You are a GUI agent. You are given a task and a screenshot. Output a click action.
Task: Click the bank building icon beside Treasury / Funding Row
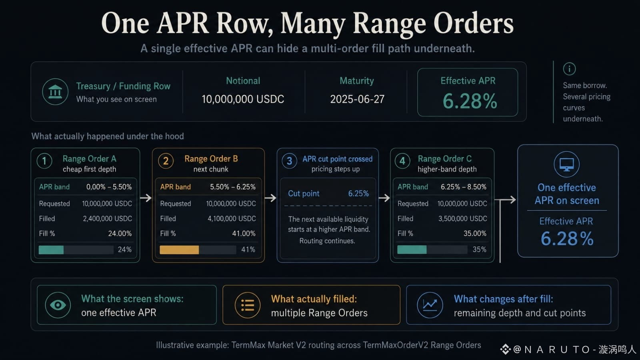55,92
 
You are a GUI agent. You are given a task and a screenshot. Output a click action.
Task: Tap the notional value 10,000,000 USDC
243,99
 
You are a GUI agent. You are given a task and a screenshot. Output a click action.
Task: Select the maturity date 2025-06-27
357,99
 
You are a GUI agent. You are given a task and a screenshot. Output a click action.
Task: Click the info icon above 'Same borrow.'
569,69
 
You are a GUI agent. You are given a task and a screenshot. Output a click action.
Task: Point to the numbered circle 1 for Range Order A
44,161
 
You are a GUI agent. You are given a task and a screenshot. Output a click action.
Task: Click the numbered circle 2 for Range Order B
166,161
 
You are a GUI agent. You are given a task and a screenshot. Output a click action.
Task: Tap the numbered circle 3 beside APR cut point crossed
289,161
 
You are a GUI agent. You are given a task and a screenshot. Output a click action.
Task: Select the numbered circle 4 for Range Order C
402,161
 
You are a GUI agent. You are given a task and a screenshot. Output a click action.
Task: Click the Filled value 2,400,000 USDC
108,218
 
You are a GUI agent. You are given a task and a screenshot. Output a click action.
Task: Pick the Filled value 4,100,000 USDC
232,218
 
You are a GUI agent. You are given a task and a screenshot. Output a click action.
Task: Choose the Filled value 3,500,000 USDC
462,218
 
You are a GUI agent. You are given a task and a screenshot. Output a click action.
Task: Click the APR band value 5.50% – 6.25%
232,187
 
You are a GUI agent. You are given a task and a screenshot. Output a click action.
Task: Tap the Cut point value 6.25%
358,194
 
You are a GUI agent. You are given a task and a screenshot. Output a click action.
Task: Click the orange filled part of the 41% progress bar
179,250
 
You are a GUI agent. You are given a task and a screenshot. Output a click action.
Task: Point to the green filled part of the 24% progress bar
51,250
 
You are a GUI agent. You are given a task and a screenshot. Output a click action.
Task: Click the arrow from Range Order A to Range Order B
146,198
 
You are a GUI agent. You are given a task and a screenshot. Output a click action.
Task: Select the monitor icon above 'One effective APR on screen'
566,164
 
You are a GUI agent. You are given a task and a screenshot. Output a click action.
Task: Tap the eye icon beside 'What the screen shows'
58,305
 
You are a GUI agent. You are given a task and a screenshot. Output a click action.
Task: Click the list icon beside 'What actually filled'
248,305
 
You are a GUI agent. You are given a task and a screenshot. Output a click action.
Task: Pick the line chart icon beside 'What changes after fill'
430,305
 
